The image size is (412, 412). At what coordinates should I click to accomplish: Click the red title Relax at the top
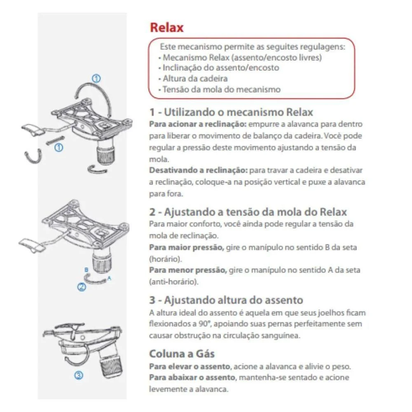point(166,28)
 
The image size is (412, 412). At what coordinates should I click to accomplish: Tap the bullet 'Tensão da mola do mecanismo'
point(221,89)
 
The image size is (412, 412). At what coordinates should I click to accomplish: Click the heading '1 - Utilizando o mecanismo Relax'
point(231,112)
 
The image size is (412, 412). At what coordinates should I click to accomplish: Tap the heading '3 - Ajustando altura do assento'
point(226,300)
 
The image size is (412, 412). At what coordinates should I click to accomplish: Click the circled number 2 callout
point(82,287)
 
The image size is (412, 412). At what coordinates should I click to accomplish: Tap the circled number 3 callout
point(79,375)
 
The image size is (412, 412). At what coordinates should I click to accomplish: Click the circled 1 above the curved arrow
point(96,78)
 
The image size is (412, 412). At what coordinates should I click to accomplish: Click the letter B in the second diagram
point(86,270)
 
